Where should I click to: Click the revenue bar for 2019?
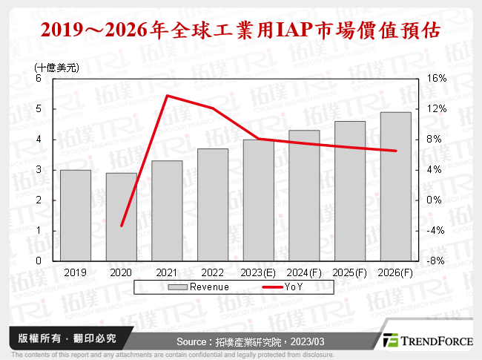tap(76, 215)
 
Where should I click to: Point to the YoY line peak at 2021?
tap(167, 96)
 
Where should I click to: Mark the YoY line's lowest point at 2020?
tap(122, 226)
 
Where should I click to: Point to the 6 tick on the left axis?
tap(39, 78)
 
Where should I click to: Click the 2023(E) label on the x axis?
tap(258, 272)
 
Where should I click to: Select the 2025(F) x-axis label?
tap(349, 272)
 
